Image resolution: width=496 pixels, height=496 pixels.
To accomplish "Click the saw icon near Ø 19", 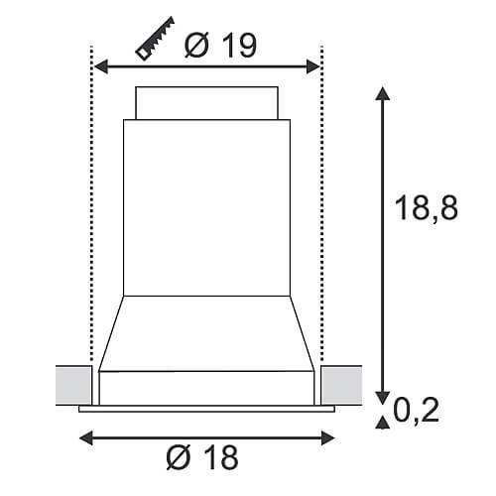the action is [x=155, y=39].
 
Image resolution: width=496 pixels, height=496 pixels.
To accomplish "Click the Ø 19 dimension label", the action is [x=220, y=46].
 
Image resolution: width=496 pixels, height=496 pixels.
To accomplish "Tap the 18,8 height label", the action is [x=427, y=207].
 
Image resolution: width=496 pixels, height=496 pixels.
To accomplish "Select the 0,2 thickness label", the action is [x=416, y=410].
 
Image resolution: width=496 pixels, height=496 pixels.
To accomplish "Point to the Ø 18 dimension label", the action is [x=202, y=457].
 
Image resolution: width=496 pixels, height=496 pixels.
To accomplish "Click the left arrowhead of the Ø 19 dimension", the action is [x=101, y=66].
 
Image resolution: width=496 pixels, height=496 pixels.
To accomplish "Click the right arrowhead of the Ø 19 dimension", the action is [x=312, y=66].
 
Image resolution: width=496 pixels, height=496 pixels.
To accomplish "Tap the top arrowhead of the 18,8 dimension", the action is [x=383, y=93].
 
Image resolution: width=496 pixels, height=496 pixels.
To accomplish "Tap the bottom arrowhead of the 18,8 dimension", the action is [x=383, y=398].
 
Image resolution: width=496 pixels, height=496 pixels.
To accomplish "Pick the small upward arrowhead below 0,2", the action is [x=383, y=423].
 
